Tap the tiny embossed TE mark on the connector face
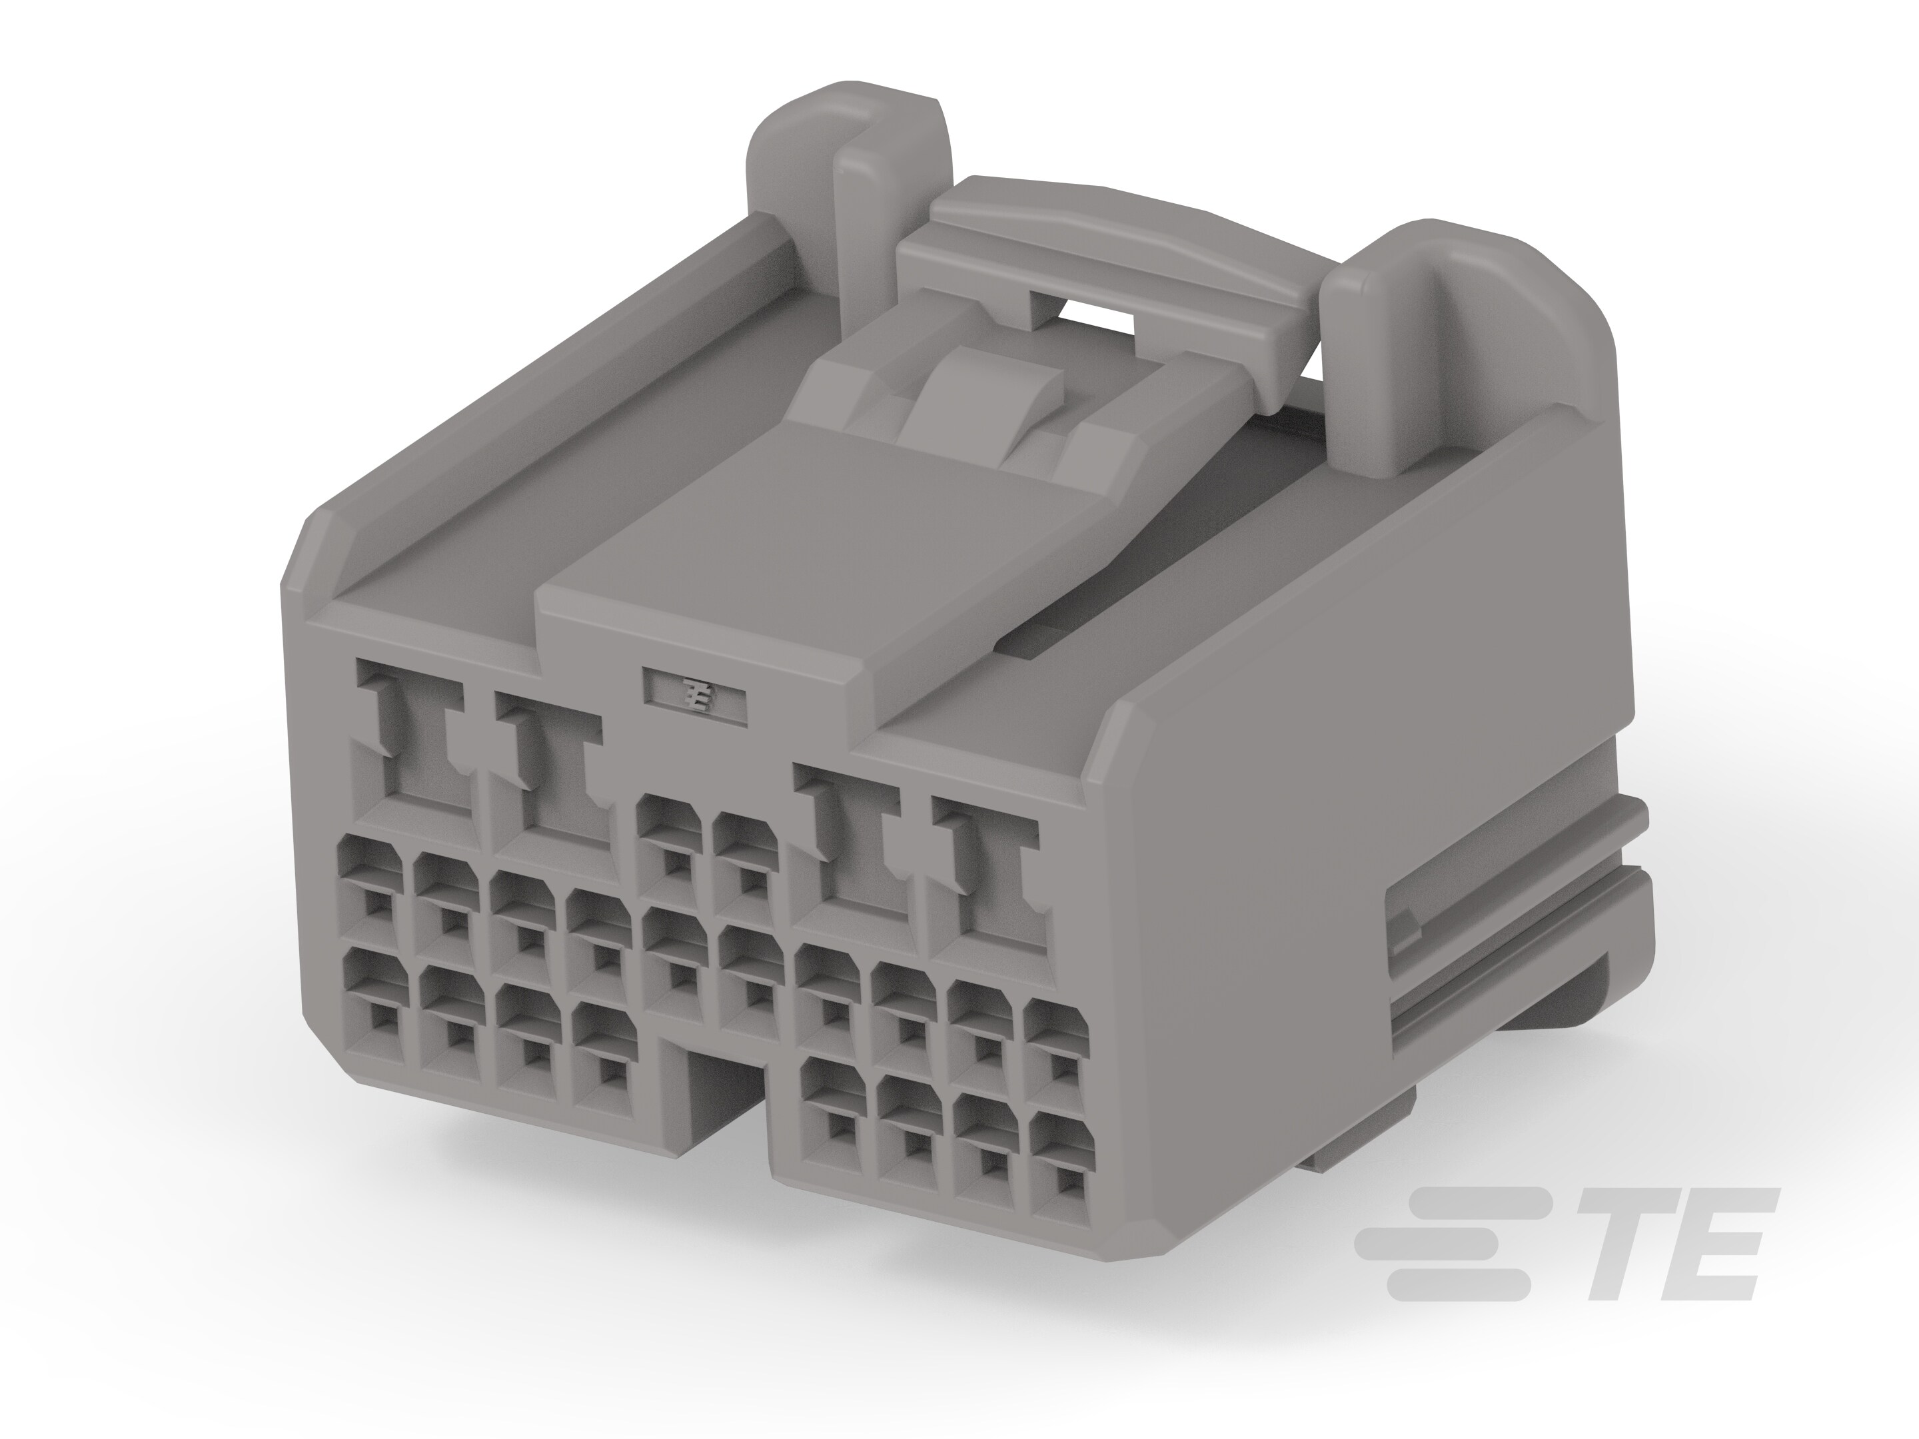click(x=695, y=696)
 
